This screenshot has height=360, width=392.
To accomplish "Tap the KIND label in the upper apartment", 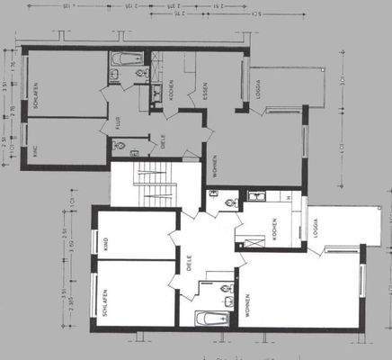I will click(x=37, y=151).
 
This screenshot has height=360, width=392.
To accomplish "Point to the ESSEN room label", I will click(x=206, y=89).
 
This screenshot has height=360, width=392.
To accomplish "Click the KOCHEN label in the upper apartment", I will click(x=171, y=89).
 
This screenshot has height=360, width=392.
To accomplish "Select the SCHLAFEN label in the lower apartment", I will click(x=105, y=294).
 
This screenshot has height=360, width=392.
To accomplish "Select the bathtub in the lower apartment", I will click(x=212, y=317).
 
